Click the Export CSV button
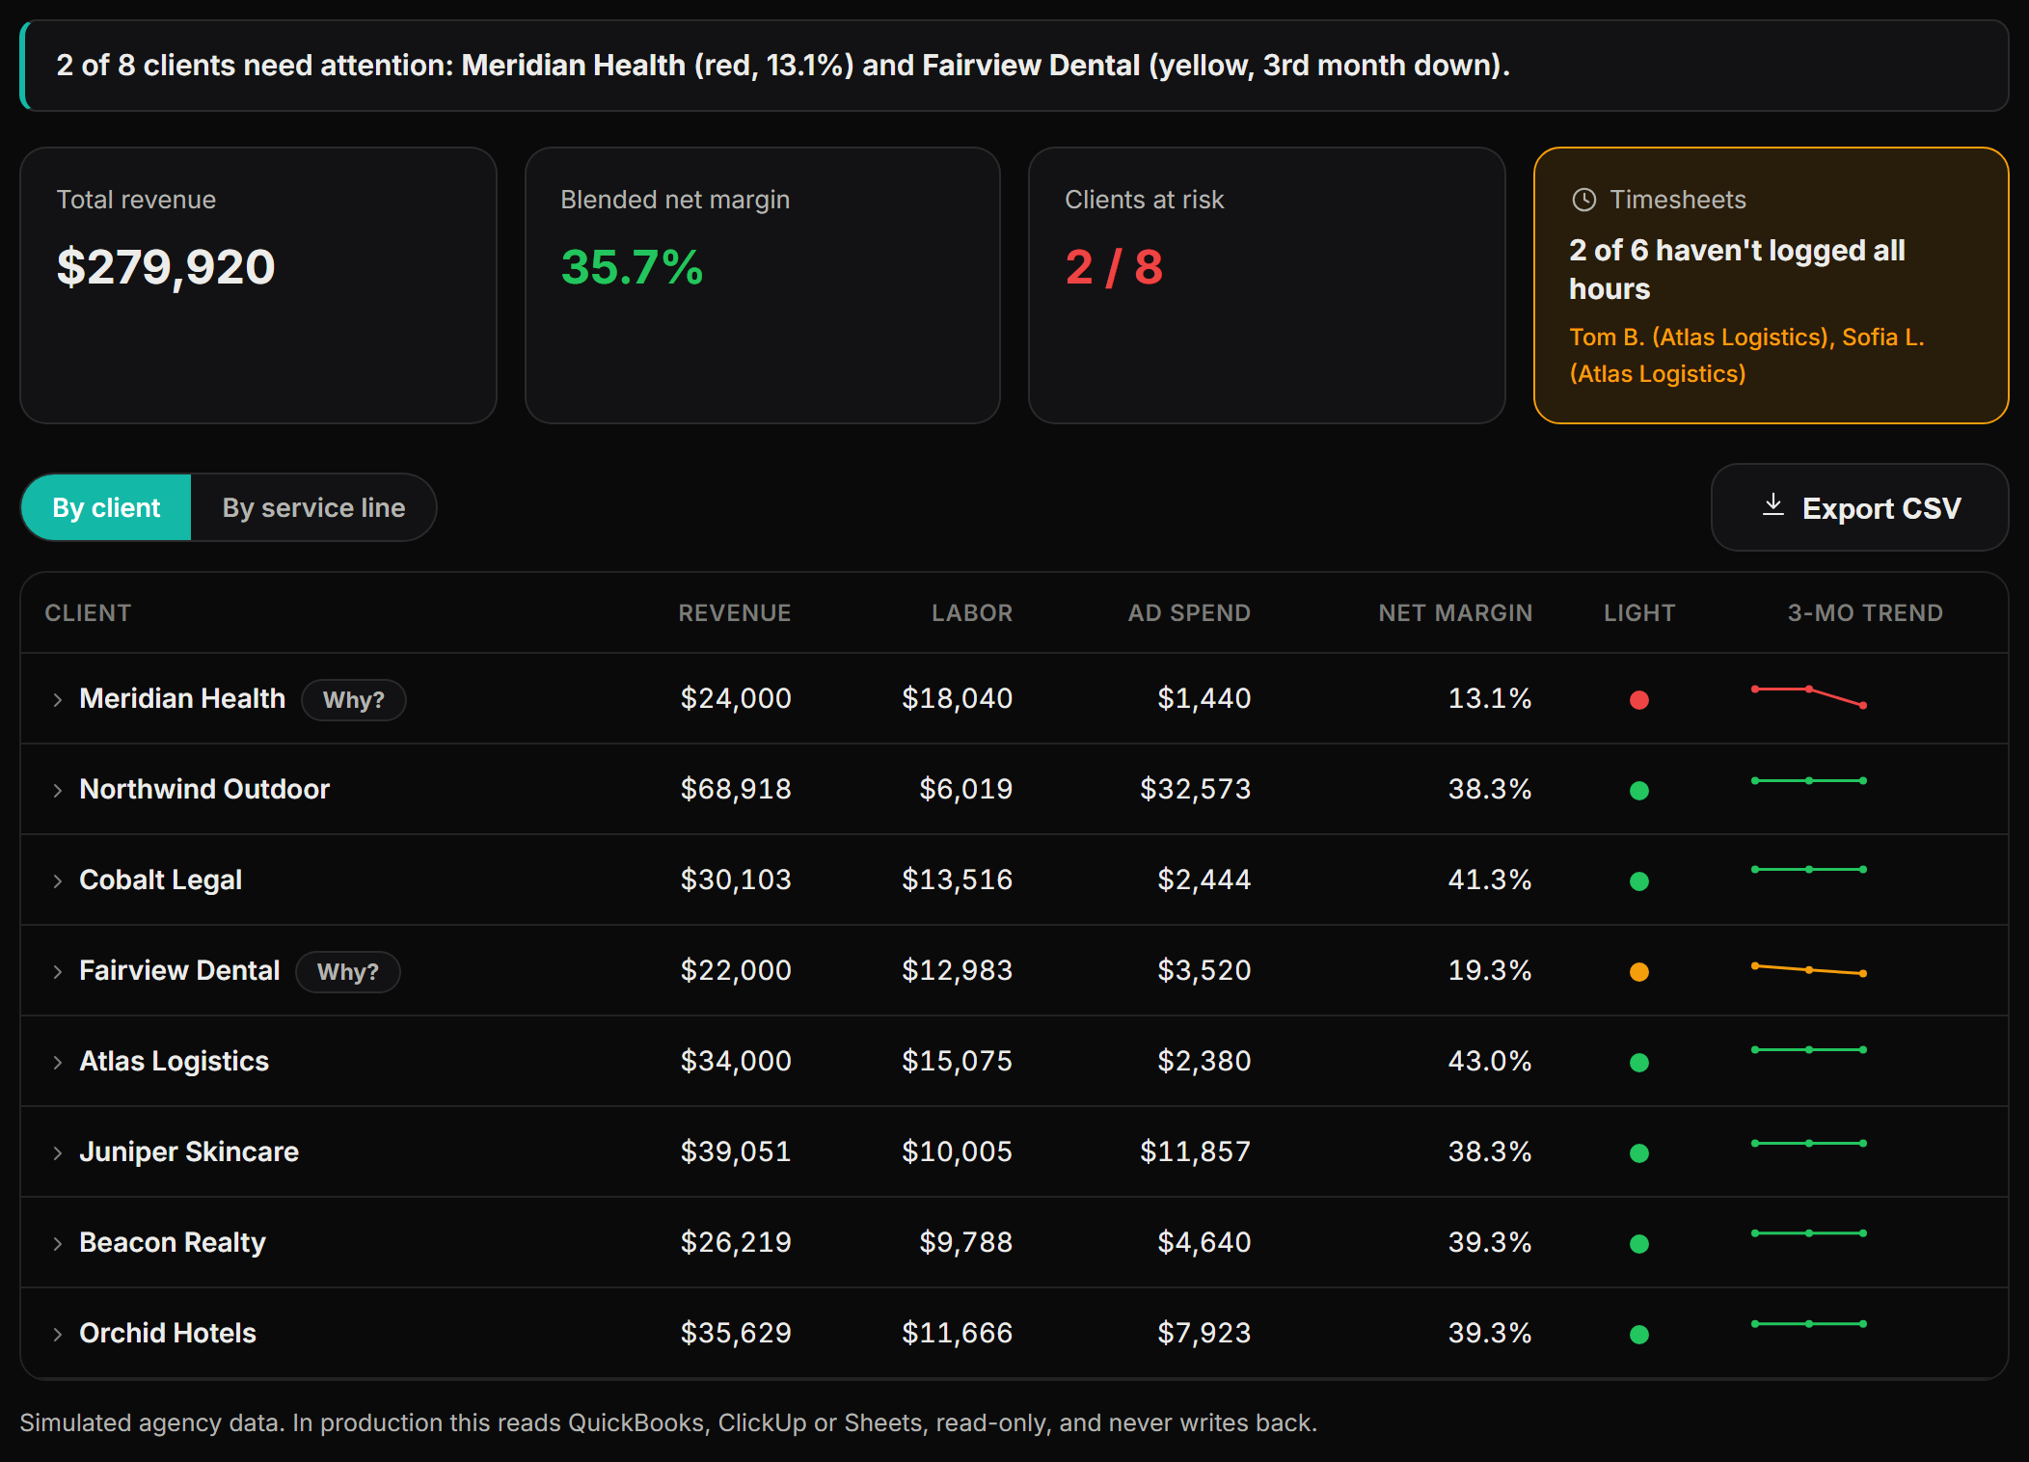coord(1859,507)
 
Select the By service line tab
coord(313,507)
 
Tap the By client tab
coord(106,507)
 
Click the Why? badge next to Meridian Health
coord(354,699)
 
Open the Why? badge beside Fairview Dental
coord(348,971)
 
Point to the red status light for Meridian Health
coord(1638,700)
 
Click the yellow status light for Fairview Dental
coord(1638,972)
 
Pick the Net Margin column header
coord(1455,612)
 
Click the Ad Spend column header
coord(1189,612)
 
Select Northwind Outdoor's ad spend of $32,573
coord(1195,789)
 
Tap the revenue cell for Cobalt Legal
coord(736,880)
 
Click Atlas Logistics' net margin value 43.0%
coord(1490,1061)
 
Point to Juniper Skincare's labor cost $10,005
coord(957,1151)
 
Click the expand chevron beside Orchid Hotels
coord(58,1334)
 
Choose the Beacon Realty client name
coord(173,1242)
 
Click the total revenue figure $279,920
coord(166,267)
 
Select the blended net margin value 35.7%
coord(632,267)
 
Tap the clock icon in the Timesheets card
coord(1583,200)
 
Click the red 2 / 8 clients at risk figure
coord(1114,267)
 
